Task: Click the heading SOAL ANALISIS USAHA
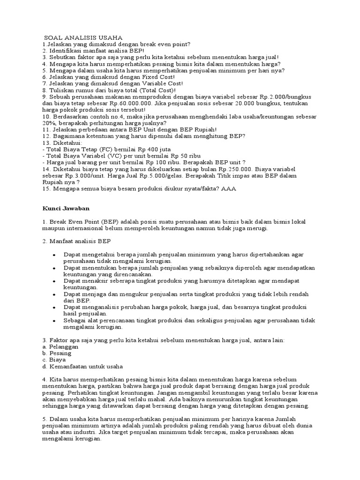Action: coord(83,37)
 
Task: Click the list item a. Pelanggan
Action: coord(60,347)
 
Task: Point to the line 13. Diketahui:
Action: coord(62,142)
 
